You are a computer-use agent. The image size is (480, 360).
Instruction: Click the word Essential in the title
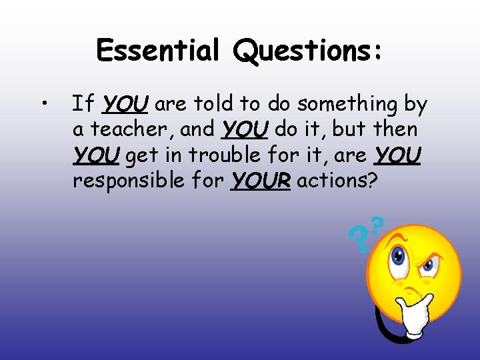point(157,50)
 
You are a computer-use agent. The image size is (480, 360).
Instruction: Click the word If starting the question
point(82,103)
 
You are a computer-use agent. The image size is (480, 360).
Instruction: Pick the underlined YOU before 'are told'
point(126,104)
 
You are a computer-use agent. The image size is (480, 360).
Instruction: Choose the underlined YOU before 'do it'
point(244,129)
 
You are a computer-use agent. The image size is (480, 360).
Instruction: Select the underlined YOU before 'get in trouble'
point(96,155)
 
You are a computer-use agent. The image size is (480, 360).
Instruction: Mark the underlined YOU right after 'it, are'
point(398,155)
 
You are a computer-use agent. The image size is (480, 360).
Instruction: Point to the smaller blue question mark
point(377,225)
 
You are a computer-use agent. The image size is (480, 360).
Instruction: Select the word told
point(213,104)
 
